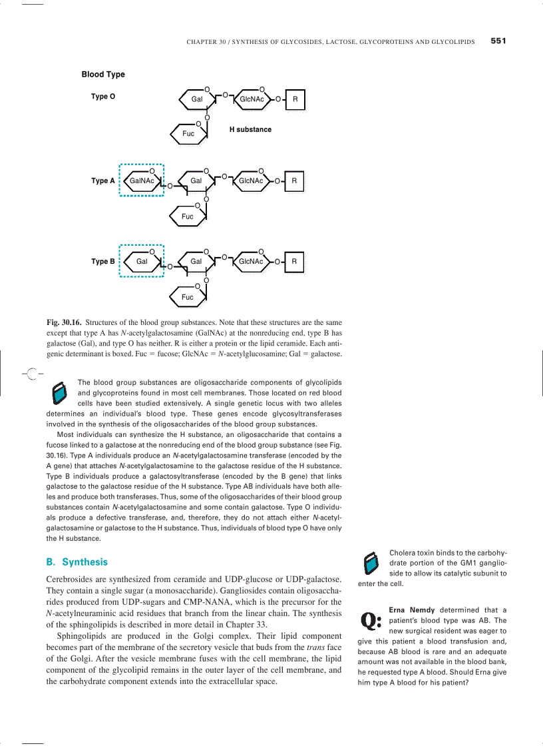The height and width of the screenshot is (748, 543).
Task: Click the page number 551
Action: pos(498,41)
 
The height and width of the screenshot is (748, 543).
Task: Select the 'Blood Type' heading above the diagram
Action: pos(103,75)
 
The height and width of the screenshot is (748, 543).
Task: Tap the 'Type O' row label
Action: pos(103,97)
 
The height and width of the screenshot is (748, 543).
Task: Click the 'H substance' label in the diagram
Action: pos(250,129)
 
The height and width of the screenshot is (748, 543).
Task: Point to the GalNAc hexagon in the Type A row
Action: pos(142,181)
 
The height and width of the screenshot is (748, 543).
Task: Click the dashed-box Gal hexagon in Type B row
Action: pos(142,261)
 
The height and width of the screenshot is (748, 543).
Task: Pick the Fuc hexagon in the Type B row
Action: pos(189,296)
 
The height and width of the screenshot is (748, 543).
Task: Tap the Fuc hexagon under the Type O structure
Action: pos(190,133)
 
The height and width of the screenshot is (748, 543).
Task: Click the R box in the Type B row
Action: pos(294,261)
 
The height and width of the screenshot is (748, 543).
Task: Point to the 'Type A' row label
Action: pos(103,181)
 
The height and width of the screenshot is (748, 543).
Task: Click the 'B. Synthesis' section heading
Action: pos(77,561)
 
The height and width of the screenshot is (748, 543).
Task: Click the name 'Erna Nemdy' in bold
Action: pos(412,609)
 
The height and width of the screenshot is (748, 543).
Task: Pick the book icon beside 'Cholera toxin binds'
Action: pos(371,563)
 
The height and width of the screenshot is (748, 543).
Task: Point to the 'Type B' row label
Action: pos(103,261)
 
